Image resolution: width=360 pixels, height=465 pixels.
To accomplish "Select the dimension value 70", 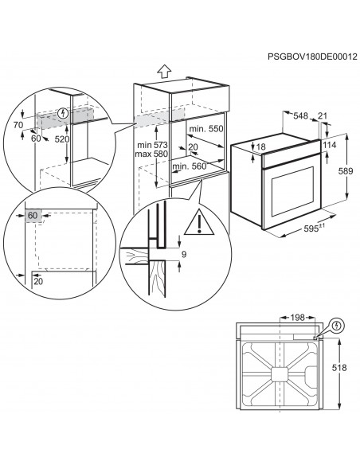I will tap(18, 125).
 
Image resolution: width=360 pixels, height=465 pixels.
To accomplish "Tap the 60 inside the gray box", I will tap(33, 215).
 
